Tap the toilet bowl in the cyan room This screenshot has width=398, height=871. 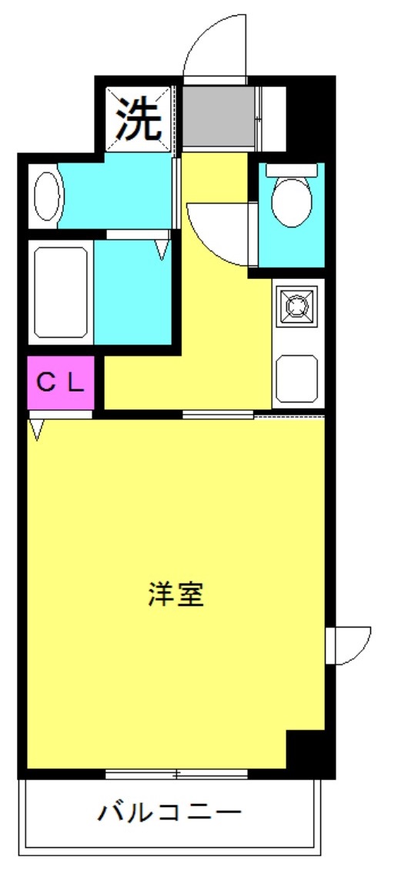292,202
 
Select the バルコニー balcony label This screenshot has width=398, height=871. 170,812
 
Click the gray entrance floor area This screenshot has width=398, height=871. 218,116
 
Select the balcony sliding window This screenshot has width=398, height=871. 176,773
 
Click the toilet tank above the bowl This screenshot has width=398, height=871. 292,167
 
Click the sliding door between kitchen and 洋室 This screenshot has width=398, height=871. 218,415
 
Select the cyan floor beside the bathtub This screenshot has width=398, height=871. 132,291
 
